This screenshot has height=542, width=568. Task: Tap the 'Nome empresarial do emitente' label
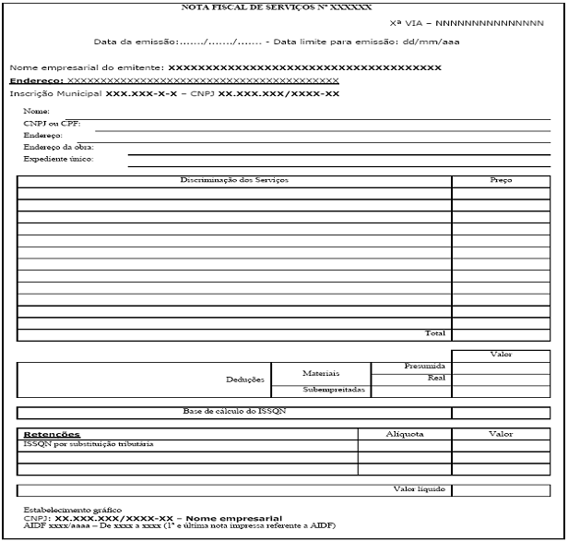(87, 67)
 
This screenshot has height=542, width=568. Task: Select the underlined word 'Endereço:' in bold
(31, 80)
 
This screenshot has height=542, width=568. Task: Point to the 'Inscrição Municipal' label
(55, 93)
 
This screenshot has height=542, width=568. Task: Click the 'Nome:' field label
(36, 111)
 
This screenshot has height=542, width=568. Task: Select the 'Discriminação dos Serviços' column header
(234, 180)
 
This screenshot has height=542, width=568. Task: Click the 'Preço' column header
(501, 180)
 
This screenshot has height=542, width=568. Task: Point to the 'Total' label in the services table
(434, 333)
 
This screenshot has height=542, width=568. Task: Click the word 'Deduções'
(245, 379)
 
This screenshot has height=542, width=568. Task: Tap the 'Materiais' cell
(321, 373)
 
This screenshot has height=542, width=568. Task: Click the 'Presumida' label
(425, 367)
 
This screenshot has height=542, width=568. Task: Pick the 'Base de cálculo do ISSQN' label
(234, 412)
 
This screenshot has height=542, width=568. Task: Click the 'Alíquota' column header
(405, 432)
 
